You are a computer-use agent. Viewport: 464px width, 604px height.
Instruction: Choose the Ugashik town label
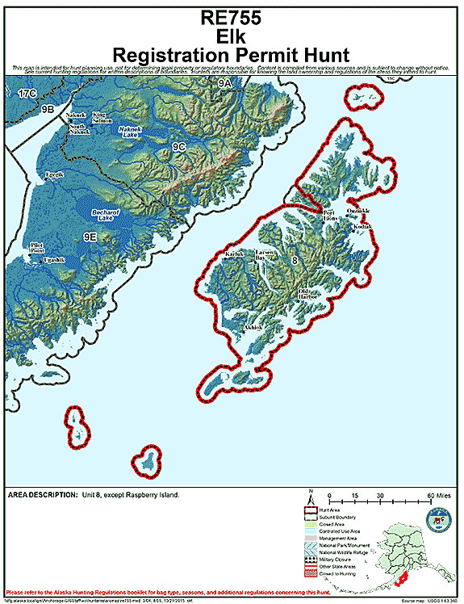[54, 259]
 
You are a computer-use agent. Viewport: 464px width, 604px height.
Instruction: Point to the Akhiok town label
[253, 327]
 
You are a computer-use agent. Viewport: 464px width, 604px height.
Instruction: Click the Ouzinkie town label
[357, 211]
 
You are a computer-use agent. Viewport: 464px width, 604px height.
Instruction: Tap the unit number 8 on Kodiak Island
[295, 260]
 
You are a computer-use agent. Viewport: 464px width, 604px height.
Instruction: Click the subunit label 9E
[90, 237]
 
